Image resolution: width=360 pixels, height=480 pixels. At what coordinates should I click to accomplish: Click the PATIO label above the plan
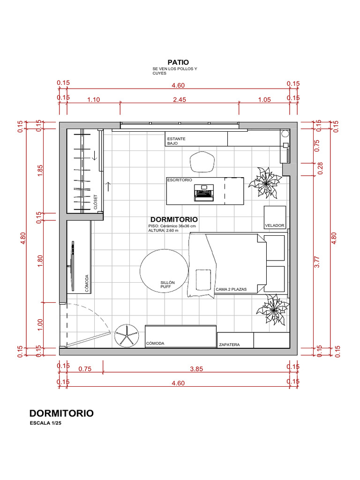point(178,62)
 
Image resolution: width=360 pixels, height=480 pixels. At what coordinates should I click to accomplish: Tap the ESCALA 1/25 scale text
point(45,423)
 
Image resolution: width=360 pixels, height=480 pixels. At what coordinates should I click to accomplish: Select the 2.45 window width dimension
point(180,99)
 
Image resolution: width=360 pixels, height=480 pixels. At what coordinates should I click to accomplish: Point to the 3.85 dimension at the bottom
point(196,369)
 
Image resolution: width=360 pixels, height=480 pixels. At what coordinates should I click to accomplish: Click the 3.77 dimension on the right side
point(317,262)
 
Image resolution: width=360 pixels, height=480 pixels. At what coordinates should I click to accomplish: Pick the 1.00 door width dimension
point(40,325)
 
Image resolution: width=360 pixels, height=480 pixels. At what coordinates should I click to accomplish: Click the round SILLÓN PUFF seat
point(164,271)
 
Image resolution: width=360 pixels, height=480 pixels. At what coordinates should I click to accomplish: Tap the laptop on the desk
point(204,193)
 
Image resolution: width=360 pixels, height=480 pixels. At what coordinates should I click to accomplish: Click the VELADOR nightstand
point(275,217)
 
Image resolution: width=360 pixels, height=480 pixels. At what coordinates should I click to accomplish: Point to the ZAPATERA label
point(229,345)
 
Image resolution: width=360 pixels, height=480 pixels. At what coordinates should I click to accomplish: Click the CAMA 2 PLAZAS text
point(231,289)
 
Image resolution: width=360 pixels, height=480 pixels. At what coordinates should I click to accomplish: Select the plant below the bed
point(273,309)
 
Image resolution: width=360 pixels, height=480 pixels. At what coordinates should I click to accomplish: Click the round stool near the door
point(127,336)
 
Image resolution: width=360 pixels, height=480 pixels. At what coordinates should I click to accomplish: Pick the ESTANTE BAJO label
point(176,141)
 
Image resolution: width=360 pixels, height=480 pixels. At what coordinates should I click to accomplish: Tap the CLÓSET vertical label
point(95,202)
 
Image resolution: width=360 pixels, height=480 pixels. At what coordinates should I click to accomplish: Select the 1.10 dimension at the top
point(94,99)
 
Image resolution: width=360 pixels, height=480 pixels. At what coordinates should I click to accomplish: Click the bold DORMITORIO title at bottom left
point(61,413)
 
